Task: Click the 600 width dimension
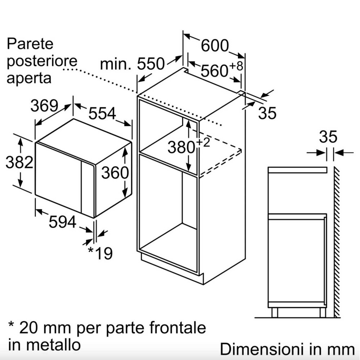(x=215, y=45)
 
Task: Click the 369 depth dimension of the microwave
(x=44, y=106)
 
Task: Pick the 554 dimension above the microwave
(x=102, y=114)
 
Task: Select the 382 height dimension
(x=19, y=163)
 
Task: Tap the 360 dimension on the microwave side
(x=115, y=173)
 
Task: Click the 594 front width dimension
(x=63, y=222)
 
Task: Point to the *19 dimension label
(x=100, y=253)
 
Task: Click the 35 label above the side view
(x=328, y=137)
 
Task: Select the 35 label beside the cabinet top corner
(x=267, y=113)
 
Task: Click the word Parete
(x=30, y=44)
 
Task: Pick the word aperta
(x=29, y=77)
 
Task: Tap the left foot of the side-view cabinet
(x=275, y=312)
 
